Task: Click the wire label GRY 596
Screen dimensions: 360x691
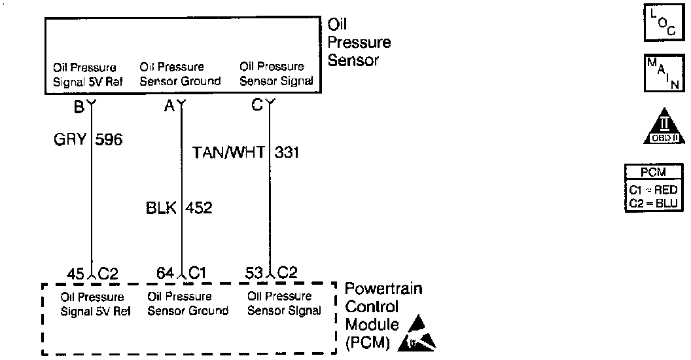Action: [88, 140]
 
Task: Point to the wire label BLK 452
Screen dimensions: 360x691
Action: [179, 207]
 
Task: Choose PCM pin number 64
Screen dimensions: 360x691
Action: [165, 272]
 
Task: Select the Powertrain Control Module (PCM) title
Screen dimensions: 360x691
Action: [383, 315]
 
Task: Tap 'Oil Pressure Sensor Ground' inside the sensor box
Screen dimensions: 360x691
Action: [180, 74]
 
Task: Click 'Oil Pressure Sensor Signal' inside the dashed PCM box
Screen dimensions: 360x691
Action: [284, 304]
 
